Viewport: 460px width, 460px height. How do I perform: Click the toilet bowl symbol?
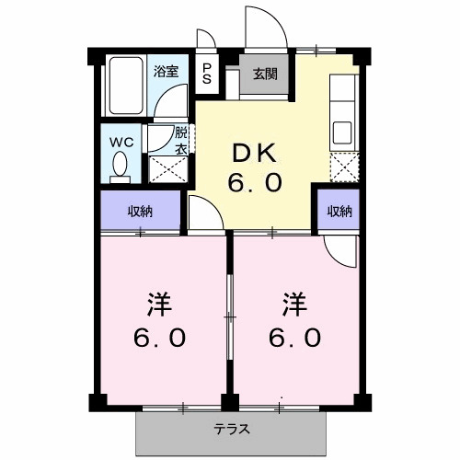click(x=120, y=166)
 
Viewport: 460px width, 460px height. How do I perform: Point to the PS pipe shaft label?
click(x=207, y=74)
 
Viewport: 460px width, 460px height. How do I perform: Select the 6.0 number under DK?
click(x=255, y=182)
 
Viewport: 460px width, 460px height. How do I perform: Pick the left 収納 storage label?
click(x=140, y=211)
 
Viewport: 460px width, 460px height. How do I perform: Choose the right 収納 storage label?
click(x=339, y=211)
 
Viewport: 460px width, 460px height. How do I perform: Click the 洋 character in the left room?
click(x=158, y=303)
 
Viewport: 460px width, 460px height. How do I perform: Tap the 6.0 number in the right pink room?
click(x=294, y=338)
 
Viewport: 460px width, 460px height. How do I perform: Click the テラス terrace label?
click(x=233, y=429)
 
